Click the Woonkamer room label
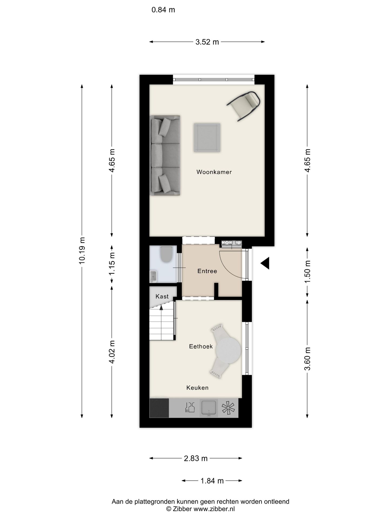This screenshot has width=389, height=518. coord(214,172)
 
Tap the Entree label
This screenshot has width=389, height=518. coord(207,271)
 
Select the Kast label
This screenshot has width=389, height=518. coord(162,296)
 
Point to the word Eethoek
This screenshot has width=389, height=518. coord(201,346)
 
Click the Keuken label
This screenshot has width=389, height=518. coord(197,388)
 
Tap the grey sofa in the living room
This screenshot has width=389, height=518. coord(165,155)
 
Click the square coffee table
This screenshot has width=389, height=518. coord(207,138)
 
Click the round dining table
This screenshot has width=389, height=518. coord(229,350)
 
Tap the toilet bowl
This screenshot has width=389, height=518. coord(165,254)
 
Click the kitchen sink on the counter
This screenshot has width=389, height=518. coord(209,408)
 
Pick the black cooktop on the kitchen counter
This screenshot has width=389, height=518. coord(159,408)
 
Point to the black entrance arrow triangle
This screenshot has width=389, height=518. coord(265,263)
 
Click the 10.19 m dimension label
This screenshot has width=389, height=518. coord(82,250)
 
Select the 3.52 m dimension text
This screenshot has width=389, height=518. coord(207,42)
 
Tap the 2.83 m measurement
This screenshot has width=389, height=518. coord(196,458)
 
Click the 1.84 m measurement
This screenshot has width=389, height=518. coord(212,480)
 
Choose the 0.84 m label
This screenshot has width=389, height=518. coord(163,10)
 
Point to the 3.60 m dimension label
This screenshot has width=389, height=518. coord(307,359)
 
